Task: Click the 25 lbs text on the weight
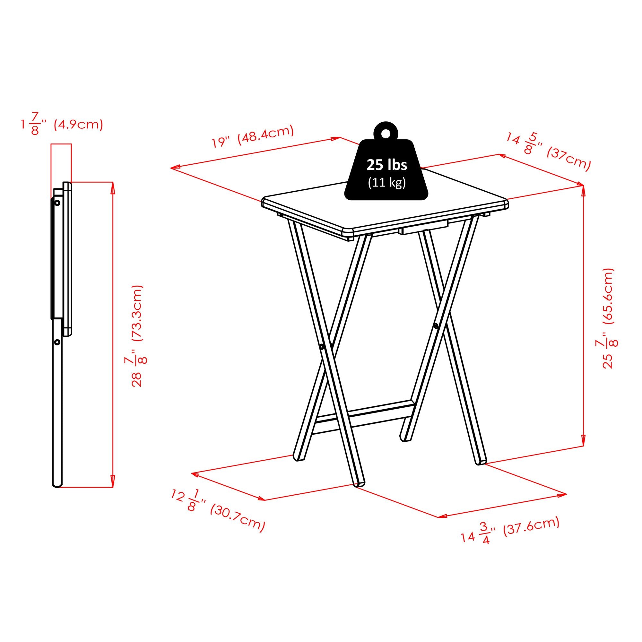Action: [x=386, y=165]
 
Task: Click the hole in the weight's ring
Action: [x=386, y=133]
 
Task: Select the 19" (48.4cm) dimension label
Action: [x=253, y=136]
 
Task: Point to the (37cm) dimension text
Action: [x=568, y=159]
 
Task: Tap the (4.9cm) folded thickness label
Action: [x=78, y=125]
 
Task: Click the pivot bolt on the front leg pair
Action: [x=322, y=347]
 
